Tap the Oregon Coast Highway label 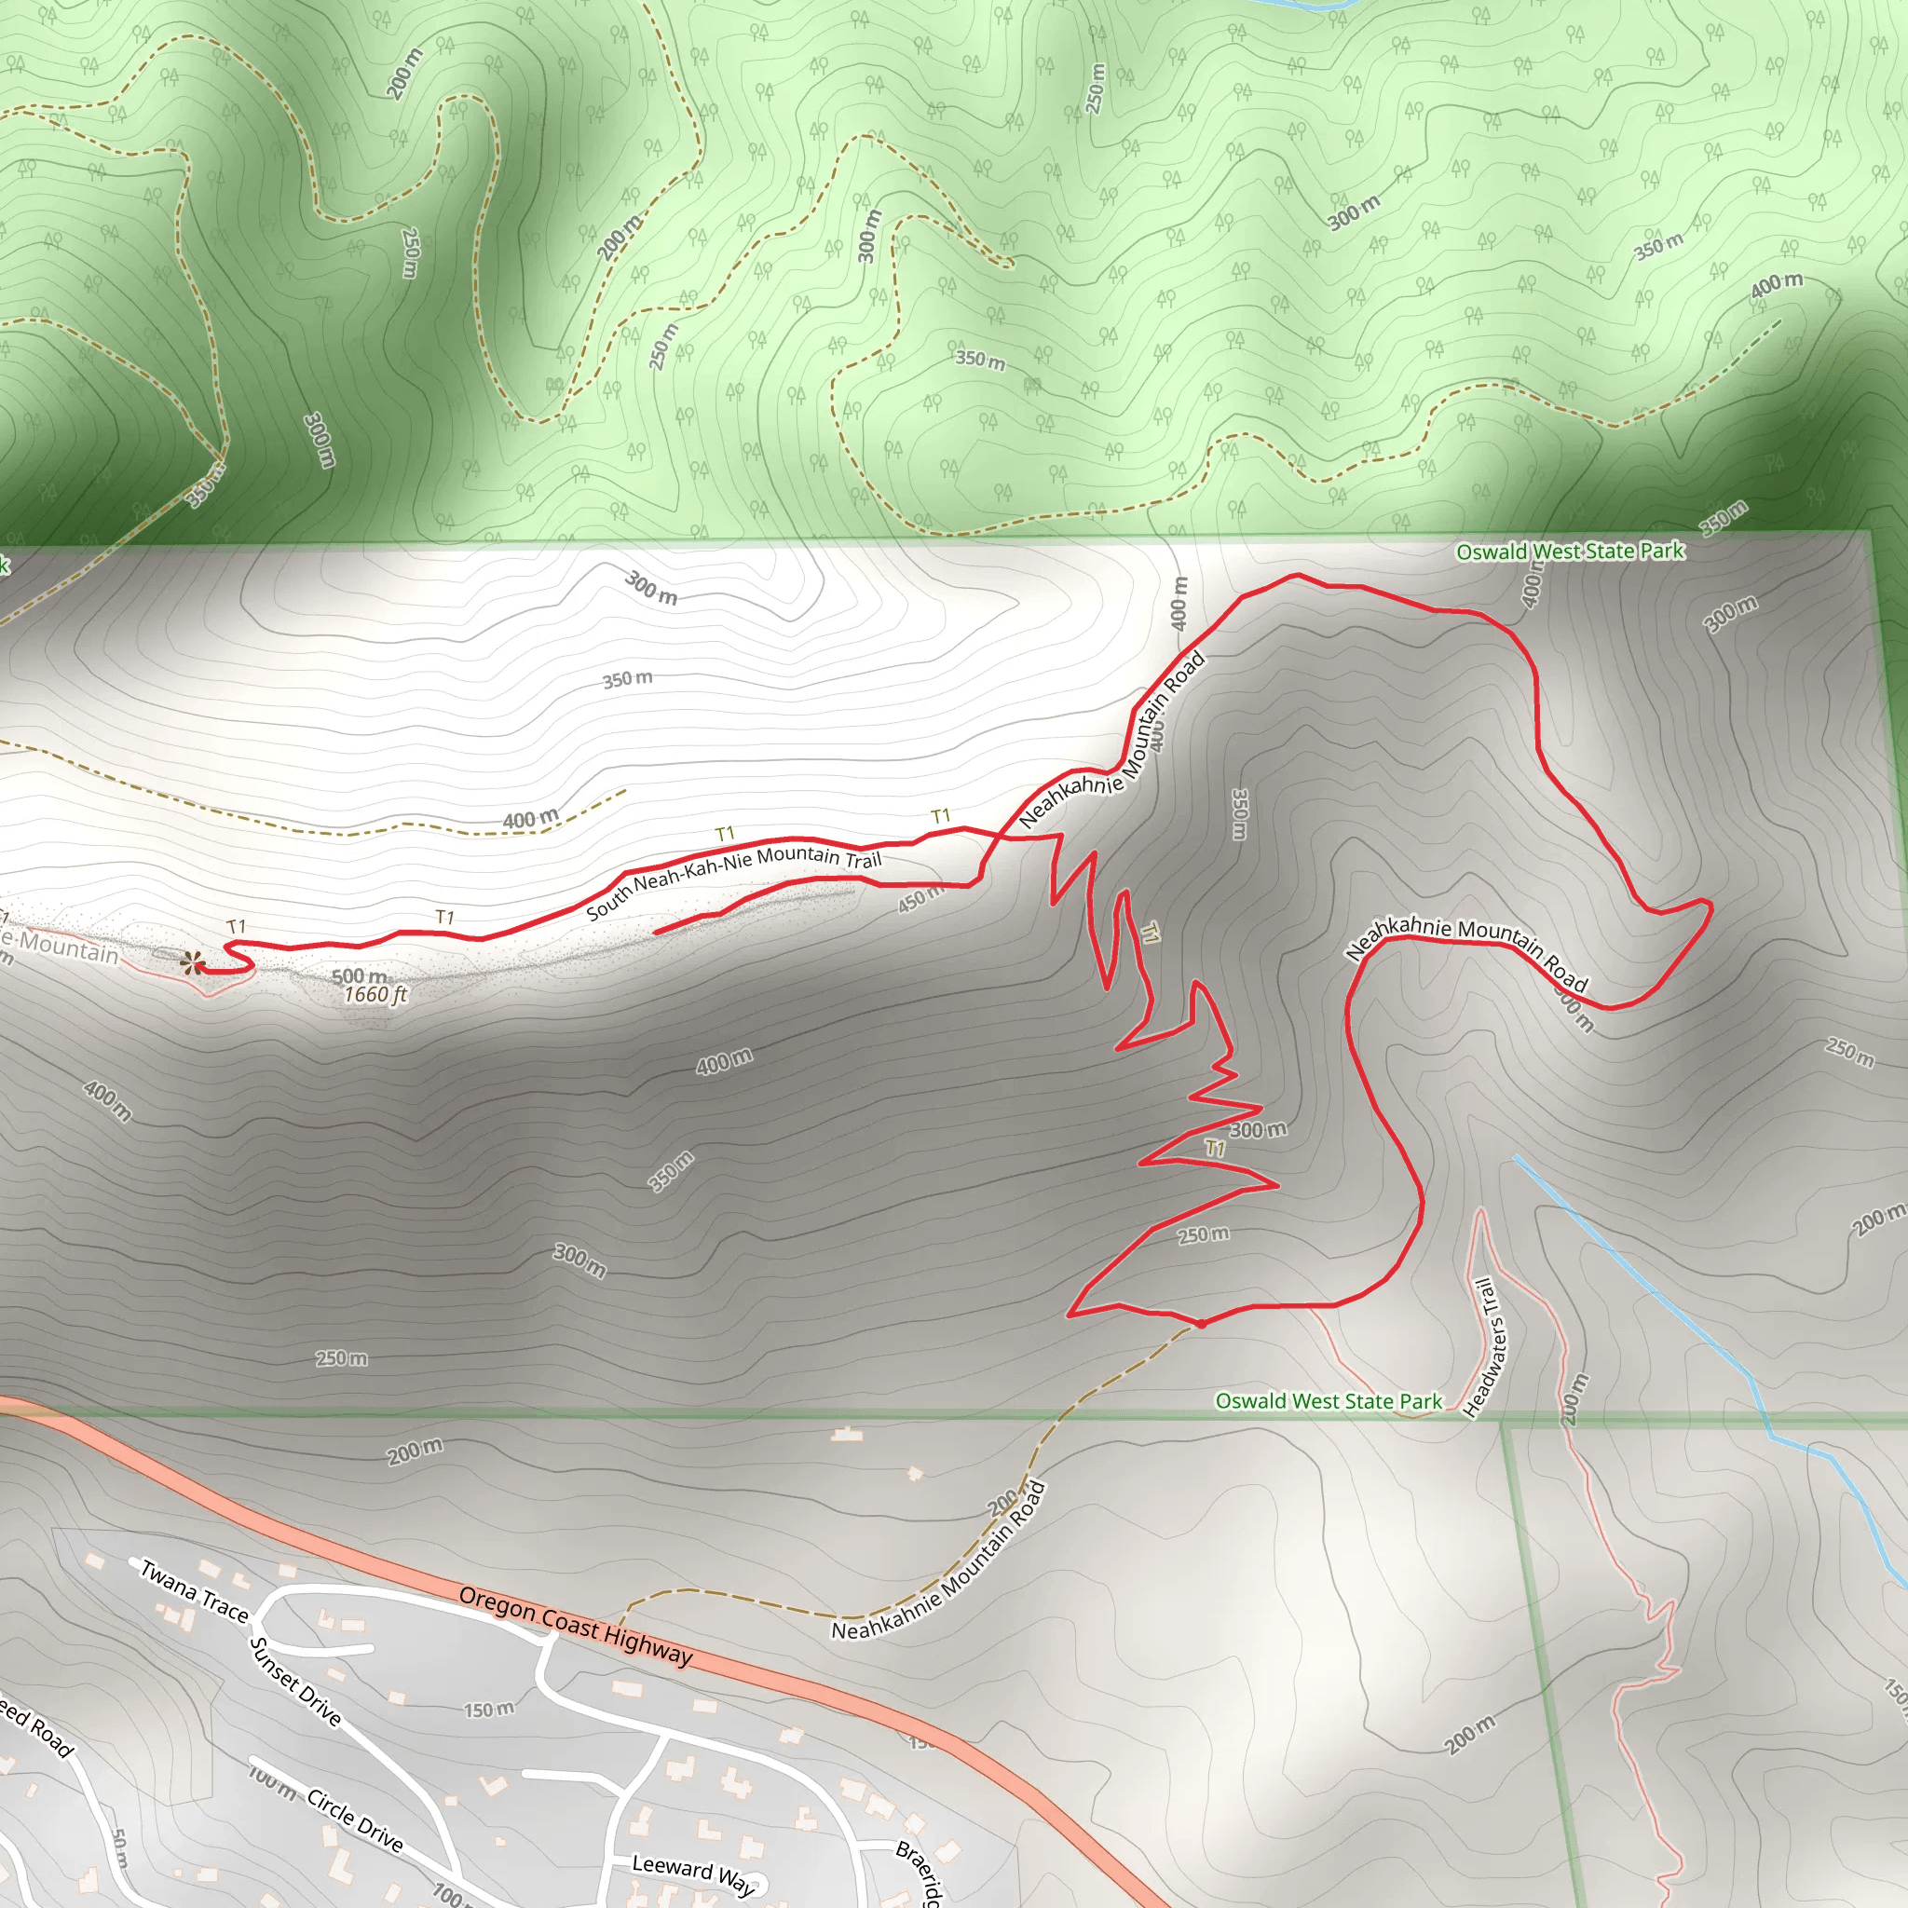point(576,1626)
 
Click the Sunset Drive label point(295,1682)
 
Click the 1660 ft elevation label point(375,994)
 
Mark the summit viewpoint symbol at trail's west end point(194,961)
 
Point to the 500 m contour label point(359,976)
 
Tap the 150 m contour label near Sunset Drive point(489,1709)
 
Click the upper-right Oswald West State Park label point(1569,552)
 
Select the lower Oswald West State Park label point(1328,1401)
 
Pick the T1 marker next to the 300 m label point(1215,1149)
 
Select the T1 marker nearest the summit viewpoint point(236,926)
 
